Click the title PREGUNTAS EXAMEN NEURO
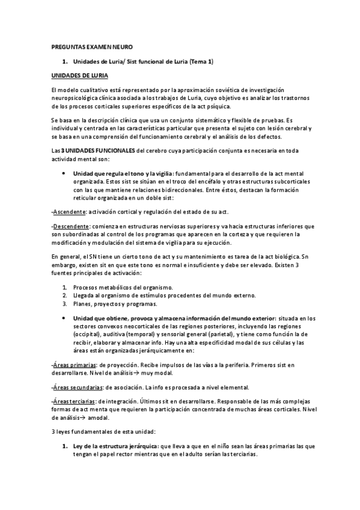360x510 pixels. (x=90, y=46)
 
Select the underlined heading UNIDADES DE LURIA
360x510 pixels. (x=79, y=76)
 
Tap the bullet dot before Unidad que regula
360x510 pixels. (x=65, y=173)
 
